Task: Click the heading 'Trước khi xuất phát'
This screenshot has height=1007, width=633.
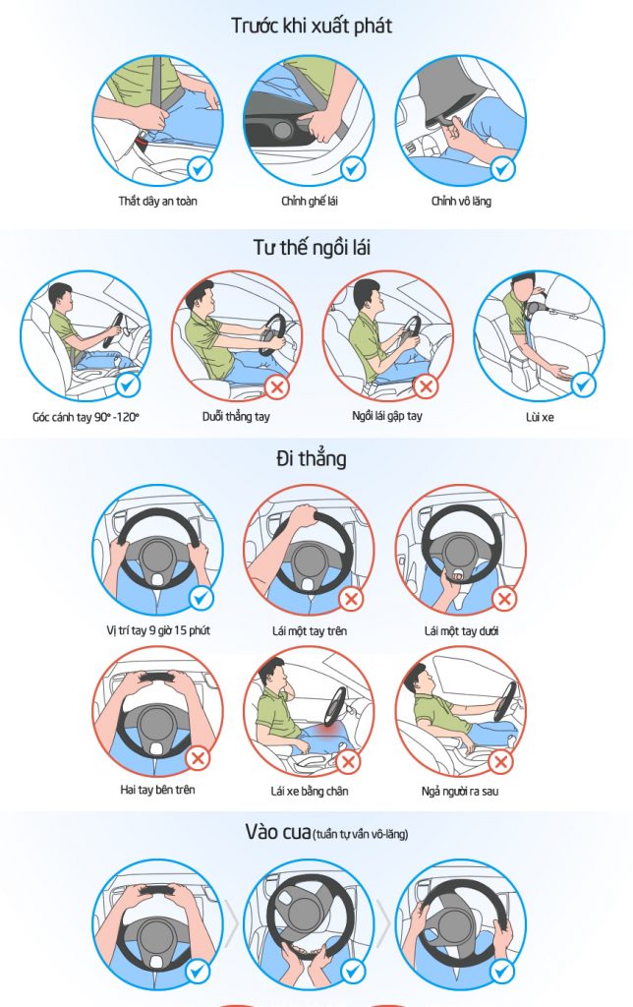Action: click(312, 26)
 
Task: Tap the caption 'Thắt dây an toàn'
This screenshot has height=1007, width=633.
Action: click(157, 201)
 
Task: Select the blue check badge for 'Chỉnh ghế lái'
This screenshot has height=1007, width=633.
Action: click(353, 169)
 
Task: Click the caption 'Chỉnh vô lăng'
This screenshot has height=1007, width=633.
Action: click(461, 201)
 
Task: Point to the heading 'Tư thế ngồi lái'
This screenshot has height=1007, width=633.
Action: click(312, 247)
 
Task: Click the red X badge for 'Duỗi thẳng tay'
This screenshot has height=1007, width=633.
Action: click(277, 386)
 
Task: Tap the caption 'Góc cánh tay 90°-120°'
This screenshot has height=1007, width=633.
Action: click(86, 417)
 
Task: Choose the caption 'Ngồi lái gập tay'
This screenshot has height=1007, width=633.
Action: click(387, 416)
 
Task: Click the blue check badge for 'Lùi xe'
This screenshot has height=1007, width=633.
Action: click(583, 385)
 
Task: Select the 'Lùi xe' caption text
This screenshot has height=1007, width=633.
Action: click(540, 417)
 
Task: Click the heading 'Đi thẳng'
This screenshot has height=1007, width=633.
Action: click(312, 458)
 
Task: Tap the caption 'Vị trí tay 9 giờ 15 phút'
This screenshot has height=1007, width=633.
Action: click(158, 630)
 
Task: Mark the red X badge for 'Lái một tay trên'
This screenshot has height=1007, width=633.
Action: click(351, 599)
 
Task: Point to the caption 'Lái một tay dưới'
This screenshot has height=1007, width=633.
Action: click(461, 631)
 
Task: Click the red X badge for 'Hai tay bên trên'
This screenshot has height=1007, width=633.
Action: click(198, 758)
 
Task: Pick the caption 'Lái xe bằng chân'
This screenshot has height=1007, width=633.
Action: click(310, 792)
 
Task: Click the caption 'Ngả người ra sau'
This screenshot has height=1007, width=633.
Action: click(460, 792)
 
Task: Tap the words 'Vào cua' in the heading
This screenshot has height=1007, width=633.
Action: click(278, 832)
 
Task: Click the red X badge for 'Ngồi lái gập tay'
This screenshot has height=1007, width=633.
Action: click(425, 385)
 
